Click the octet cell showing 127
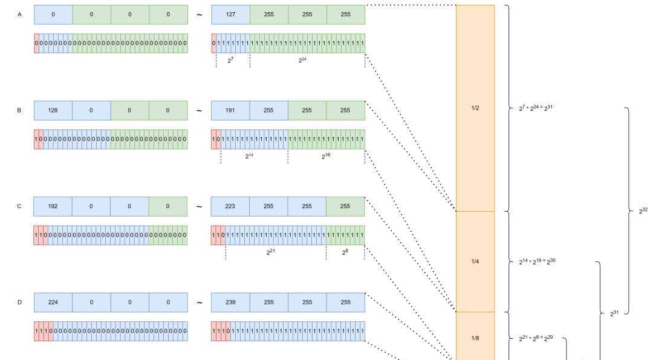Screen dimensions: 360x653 tap(230, 15)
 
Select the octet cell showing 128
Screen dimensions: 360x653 tap(53, 110)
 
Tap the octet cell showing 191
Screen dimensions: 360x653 tap(230, 110)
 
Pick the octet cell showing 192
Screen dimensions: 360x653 tap(53, 206)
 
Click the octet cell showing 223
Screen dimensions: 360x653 tap(230, 206)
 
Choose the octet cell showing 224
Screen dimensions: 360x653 tap(53, 302)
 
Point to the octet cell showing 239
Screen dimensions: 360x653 tap(230, 302)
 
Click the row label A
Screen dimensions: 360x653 tap(19, 15)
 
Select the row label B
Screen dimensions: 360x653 tap(19, 110)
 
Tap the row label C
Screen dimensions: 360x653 tap(19, 206)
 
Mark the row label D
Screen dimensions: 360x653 tap(19, 302)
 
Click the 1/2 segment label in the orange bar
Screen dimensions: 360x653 tap(475, 108)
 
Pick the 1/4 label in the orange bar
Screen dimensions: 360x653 tap(475, 261)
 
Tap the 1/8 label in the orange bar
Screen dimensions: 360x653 tap(475, 338)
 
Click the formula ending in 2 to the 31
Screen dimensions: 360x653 tap(536, 108)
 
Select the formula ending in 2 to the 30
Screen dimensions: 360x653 tap(537, 261)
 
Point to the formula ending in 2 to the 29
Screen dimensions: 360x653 tap(536, 338)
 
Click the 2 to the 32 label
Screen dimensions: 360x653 tap(643, 211)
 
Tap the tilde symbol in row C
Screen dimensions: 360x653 tap(199, 206)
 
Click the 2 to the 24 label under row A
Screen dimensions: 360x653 tap(302, 59)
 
